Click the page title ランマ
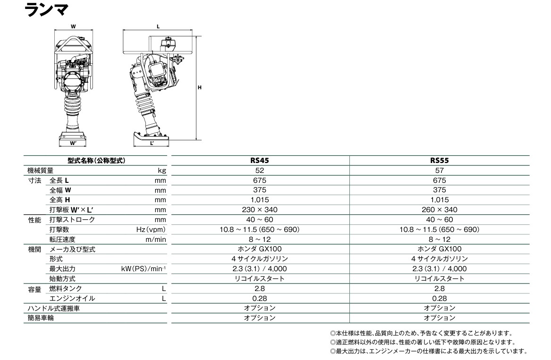pos(46,9)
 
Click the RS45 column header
pos(260,161)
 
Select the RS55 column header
pos(439,161)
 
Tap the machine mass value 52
pos(260,171)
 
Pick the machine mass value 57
pos(439,171)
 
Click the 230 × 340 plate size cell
pos(260,210)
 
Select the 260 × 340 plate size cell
pos(439,210)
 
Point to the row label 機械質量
pos(41,171)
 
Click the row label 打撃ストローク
pos(72,220)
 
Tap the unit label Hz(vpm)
pos(151,230)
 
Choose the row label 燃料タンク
pos(65,289)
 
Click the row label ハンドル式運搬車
pos(54,309)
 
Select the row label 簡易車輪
pos(41,318)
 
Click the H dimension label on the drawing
pos(200,87)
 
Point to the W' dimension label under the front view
pos(73,143)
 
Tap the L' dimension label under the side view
pos(152,143)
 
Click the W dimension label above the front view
pos(73,26)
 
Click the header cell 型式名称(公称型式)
pos(96,161)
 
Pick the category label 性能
pos(34,220)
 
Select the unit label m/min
pos(156,240)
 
